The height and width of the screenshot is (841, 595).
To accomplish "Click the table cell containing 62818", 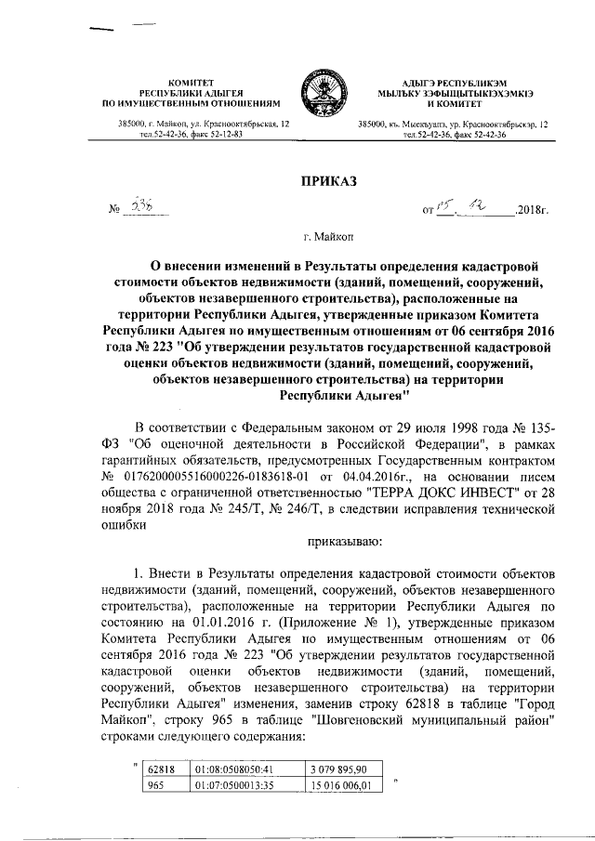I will pyautogui.click(x=167, y=769).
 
